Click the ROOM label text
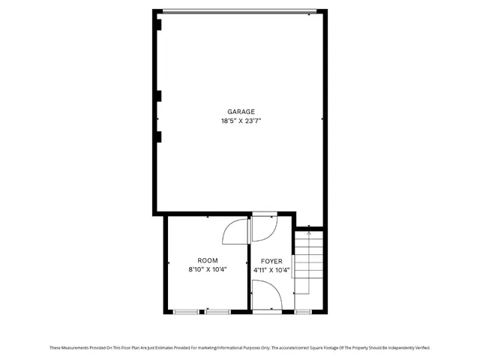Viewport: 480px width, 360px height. point(208,260)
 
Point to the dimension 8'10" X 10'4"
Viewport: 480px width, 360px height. point(208,269)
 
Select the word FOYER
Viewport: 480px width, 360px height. point(271,260)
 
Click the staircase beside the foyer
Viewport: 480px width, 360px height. point(308,262)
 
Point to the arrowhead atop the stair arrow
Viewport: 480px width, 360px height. point(308,233)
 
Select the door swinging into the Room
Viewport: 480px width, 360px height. point(236,230)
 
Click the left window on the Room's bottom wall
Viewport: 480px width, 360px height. point(185,310)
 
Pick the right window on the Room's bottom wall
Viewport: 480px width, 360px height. point(218,310)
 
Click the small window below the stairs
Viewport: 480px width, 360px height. point(304,310)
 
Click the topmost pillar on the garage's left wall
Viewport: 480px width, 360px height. point(160,24)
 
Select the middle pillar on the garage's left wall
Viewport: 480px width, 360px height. point(160,95)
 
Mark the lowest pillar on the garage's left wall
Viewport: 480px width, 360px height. point(160,136)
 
